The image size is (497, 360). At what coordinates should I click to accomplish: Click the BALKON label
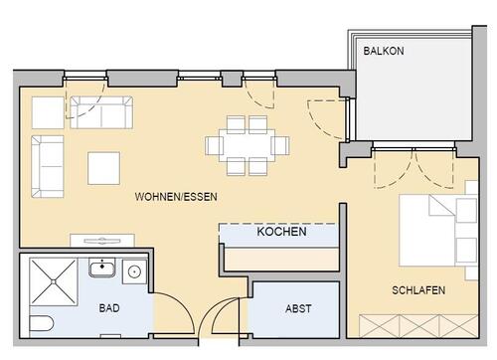(x=384, y=51)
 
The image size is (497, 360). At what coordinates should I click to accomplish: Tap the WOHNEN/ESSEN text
(x=176, y=198)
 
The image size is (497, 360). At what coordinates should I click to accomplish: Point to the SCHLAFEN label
(x=417, y=290)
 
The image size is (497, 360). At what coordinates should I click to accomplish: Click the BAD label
(x=109, y=309)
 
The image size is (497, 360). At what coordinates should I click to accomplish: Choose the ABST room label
(x=298, y=309)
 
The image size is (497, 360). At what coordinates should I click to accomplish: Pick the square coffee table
(x=103, y=167)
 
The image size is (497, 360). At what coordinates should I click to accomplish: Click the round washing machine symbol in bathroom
(x=134, y=268)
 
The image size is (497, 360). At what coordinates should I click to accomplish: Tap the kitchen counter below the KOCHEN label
(x=281, y=257)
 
